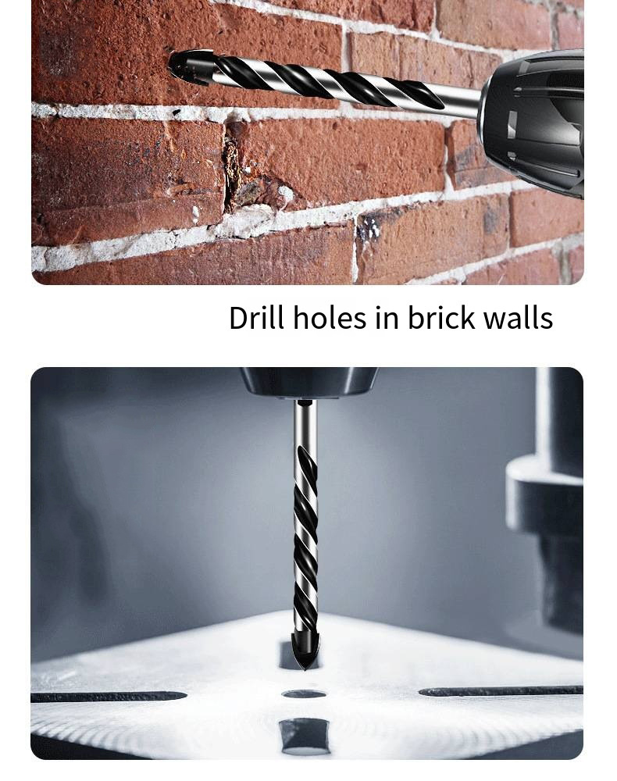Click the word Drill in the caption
coord(255,318)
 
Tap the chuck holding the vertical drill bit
coord(308,382)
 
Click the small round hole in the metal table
coord(304,694)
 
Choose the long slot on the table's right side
coord(500,691)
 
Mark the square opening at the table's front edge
coord(305,735)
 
